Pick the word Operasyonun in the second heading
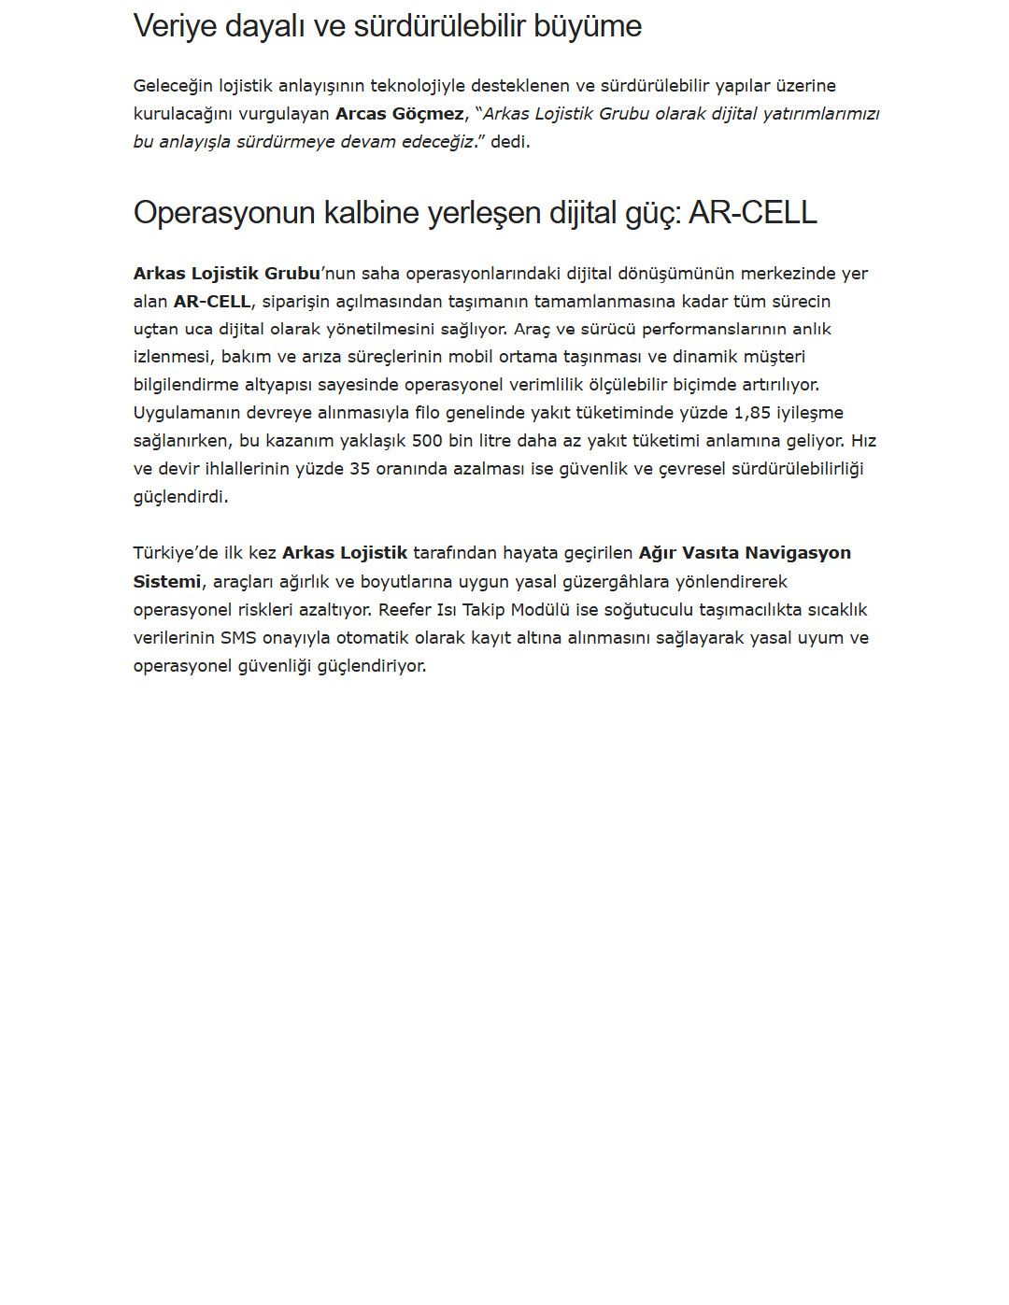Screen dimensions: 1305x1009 [x=224, y=213]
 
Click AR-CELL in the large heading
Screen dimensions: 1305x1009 [x=752, y=213]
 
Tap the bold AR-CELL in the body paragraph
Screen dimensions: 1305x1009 [x=212, y=301]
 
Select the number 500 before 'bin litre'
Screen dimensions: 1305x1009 [x=427, y=441]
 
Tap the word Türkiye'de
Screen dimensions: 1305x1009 [x=176, y=553]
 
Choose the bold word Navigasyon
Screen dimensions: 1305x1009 [x=798, y=553]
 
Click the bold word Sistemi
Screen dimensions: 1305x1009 [x=166, y=582]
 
